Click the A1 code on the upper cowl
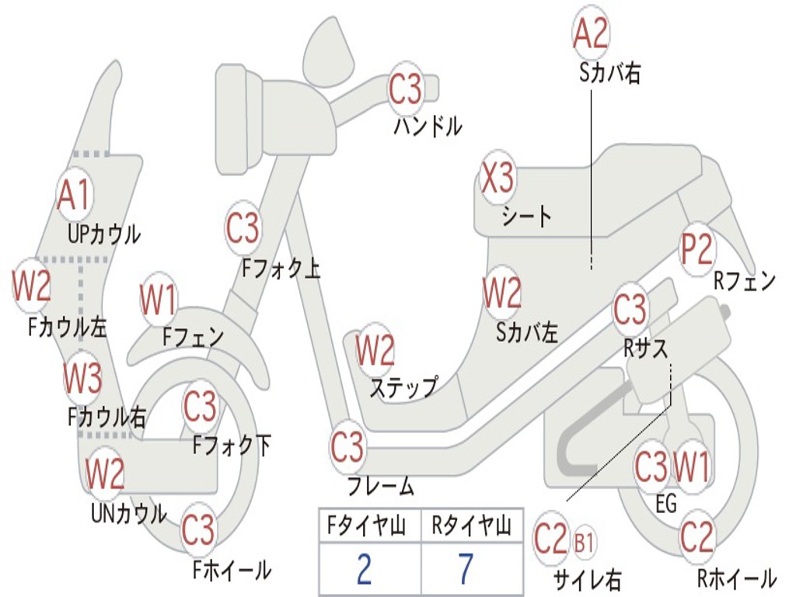(75, 195)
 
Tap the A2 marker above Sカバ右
(590, 33)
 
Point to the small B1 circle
(584, 541)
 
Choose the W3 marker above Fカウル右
(82, 379)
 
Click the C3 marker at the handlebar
(405, 89)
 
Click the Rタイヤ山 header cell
(471, 527)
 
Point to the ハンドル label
(428, 126)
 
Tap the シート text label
(527, 216)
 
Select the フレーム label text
(380, 487)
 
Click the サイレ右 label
(587, 579)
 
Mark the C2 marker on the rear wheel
(696, 536)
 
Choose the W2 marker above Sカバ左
(502, 293)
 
